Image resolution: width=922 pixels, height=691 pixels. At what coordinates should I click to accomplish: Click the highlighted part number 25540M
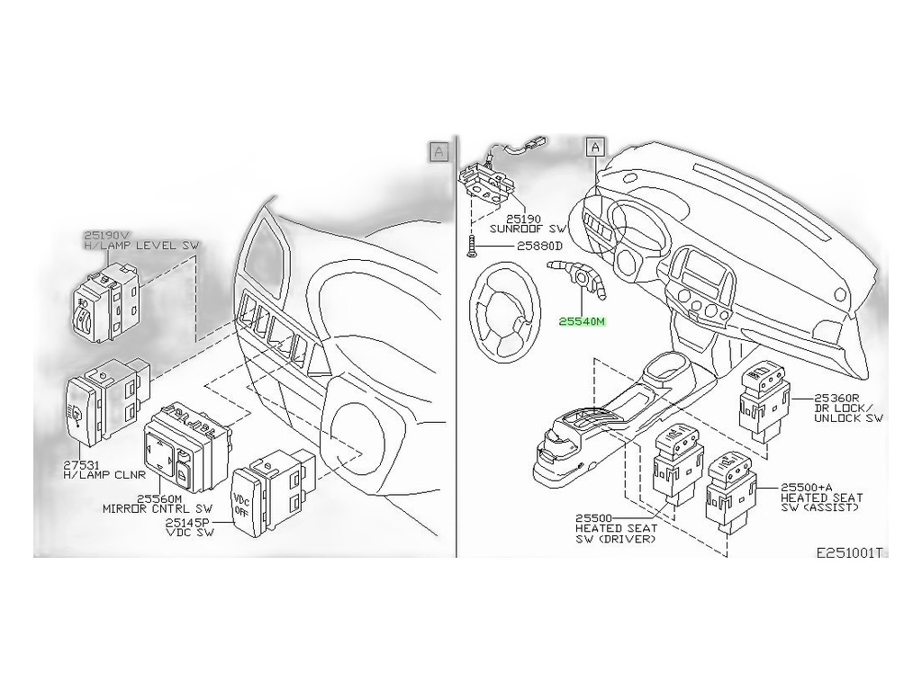[582, 321]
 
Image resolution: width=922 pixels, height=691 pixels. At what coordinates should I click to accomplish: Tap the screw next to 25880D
[471, 246]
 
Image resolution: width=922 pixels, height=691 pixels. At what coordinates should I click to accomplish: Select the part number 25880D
[540, 247]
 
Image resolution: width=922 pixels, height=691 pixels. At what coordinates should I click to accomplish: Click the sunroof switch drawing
[489, 178]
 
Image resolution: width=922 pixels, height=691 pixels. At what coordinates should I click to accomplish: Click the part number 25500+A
[807, 487]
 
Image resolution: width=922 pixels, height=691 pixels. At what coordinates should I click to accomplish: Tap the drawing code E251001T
[849, 552]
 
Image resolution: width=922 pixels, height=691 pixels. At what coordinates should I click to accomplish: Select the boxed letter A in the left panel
[438, 151]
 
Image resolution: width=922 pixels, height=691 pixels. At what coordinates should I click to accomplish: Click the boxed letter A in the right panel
[596, 147]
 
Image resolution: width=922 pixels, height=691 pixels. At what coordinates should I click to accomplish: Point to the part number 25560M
[159, 498]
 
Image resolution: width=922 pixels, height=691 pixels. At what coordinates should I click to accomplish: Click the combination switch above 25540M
[576, 276]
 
